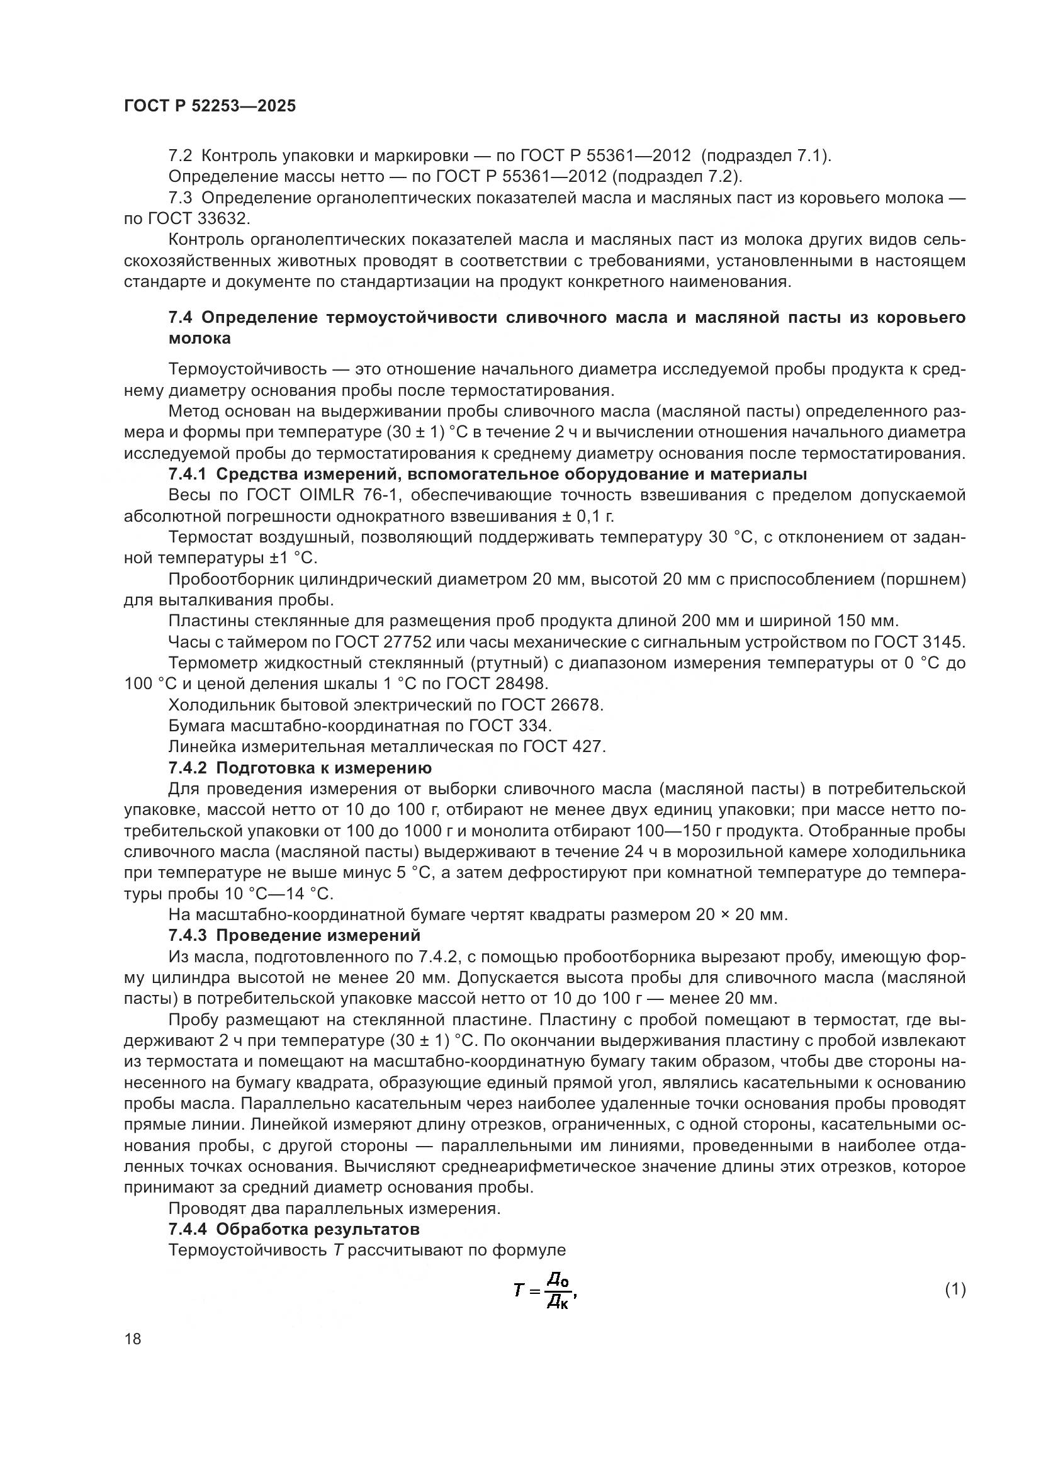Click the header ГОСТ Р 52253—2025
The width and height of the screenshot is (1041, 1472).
[210, 106]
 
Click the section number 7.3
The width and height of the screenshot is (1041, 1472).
[179, 198]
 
